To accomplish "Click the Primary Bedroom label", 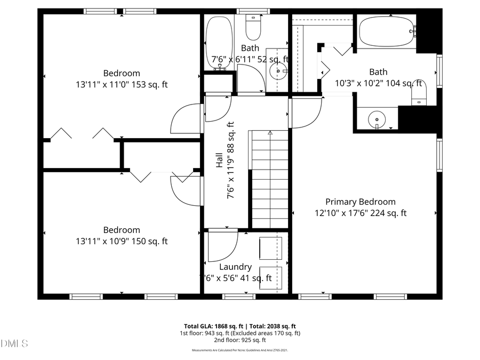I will pyautogui.click(x=361, y=202).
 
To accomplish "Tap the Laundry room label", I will pyautogui.click(x=235, y=267).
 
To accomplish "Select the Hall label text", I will pyautogui.click(x=219, y=161).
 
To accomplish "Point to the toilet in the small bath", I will pyautogui.click(x=252, y=27).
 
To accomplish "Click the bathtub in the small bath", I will pyautogui.click(x=219, y=43).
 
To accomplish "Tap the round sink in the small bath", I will pyautogui.click(x=277, y=70).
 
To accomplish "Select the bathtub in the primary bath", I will pyautogui.click(x=387, y=33).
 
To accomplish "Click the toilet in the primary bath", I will pyautogui.click(x=420, y=96).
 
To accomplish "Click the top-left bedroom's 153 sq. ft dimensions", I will pyautogui.click(x=122, y=84).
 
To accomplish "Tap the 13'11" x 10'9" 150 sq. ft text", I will pyautogui.click(x=122, y=241).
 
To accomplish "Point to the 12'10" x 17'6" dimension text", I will pyautogui.click(x=361, y=213).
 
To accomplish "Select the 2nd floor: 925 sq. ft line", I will pyautogui.click(x=239, y=340).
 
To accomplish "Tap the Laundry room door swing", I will pyautogui.click(x=221, y=245).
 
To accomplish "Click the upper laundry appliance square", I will pyautogui.click(x=270, y=249).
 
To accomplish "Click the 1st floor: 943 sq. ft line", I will pyautogui.click(x=239, y=333).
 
